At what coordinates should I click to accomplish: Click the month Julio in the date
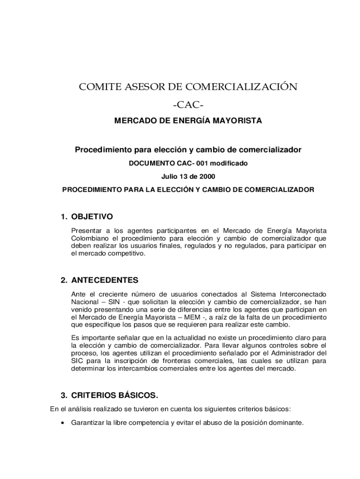(x=170, y=177)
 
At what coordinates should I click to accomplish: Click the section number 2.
(x=64, y=280)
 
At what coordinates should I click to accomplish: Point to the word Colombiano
(x=88, y=238)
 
